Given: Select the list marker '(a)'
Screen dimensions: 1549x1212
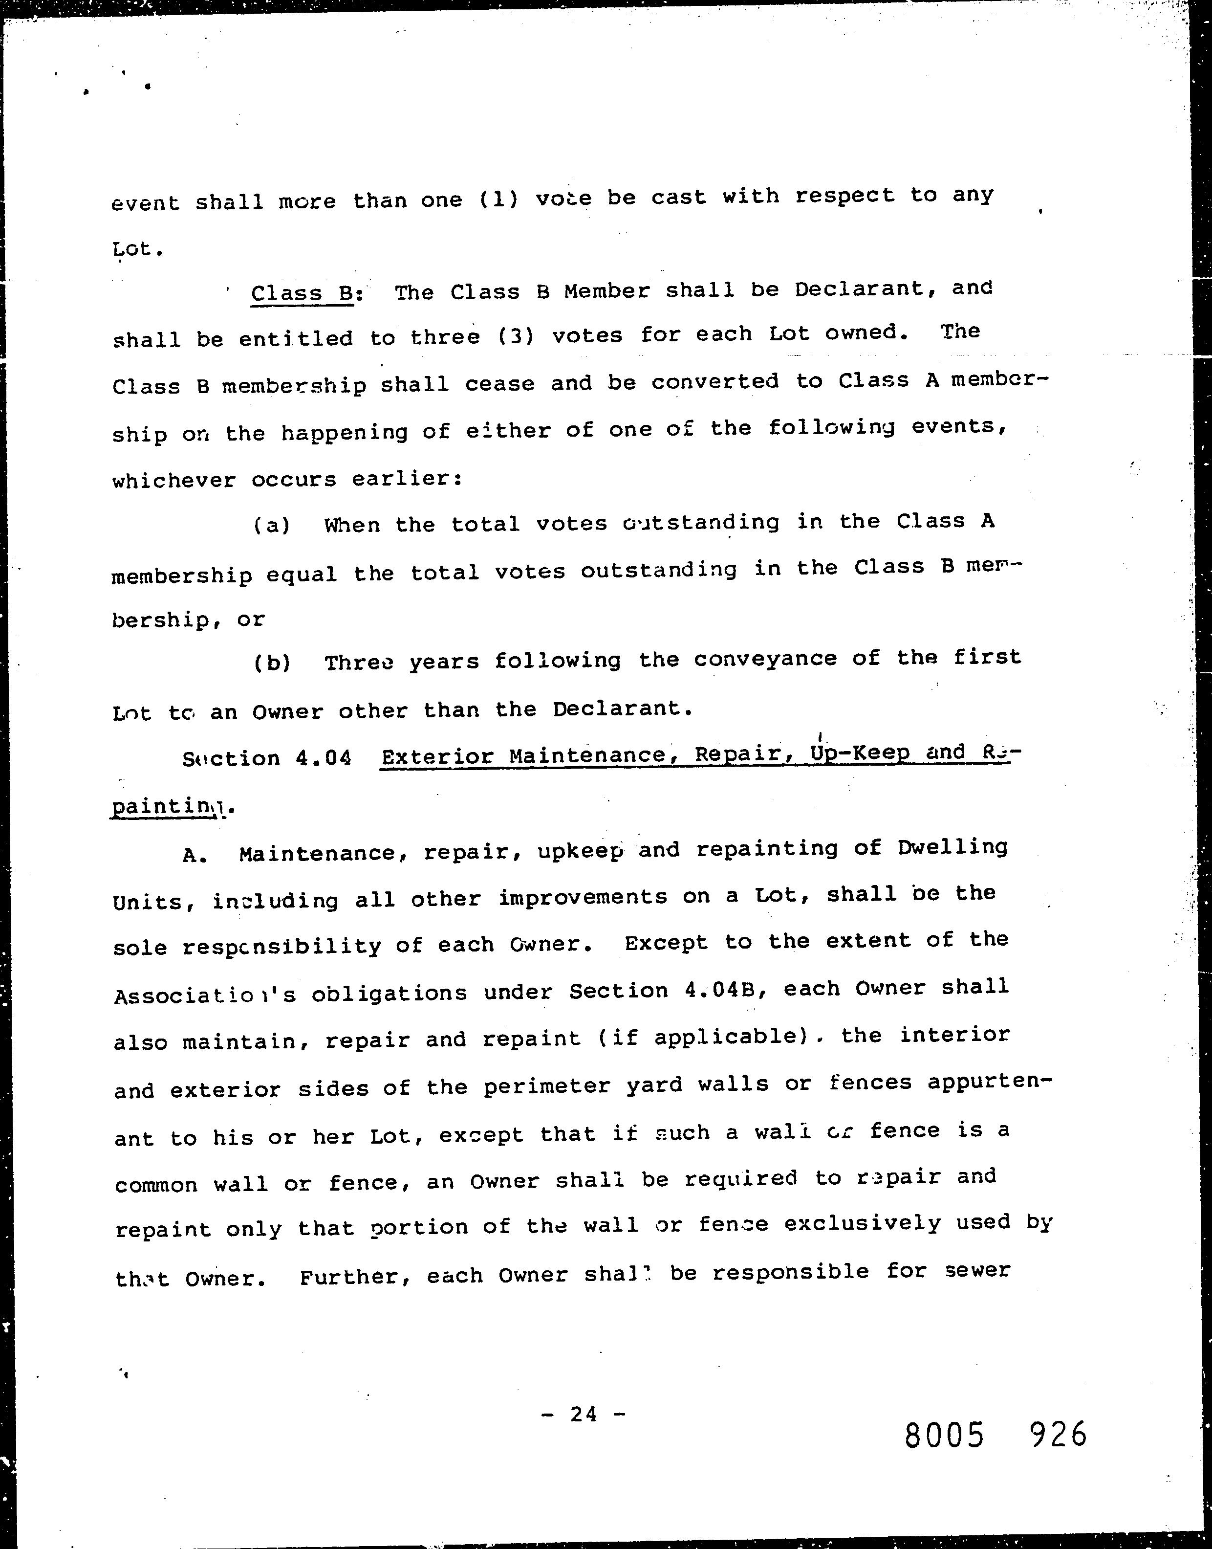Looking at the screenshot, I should pos(272,525).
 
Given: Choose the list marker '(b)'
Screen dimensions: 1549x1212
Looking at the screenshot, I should pos(272,663).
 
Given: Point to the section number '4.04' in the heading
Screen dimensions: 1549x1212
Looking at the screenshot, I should pos(323,758).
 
